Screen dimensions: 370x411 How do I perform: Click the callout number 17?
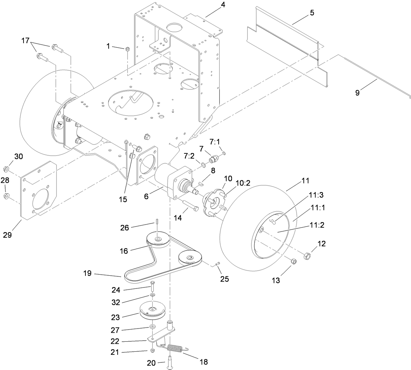click(x=25, y=40)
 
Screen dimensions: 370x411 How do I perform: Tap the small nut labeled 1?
click(x=127, y=49)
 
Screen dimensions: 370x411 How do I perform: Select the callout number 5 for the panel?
click(x=312, y=13)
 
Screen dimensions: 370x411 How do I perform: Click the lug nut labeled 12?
click(x=307, y=256)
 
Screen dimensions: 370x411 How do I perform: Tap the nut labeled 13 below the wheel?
click(x=293, y=262)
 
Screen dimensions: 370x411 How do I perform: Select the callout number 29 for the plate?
click(x=7, y=235)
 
